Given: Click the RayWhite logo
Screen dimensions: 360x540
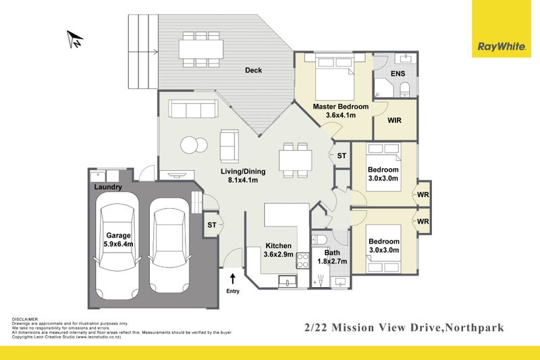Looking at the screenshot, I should pyautogui.click(x=501, y=46).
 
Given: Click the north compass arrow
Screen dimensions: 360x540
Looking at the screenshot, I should pyautogui.click(x=76, y=39).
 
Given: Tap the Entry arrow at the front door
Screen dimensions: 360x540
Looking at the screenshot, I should pyautogui.click(x=234, y=277).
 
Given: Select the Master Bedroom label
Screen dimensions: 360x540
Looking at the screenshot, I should pyautogui.click(x=340, y=107).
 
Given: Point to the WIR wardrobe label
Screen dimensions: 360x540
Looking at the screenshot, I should pyautogui.click(x=396, y=121).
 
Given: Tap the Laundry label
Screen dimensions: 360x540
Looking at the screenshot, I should pyautogui.click(x=108, y=187).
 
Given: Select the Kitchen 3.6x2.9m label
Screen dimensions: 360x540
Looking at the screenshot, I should pyautogui.click(x=278, y=250).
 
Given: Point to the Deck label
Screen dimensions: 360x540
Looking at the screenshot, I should pyautogui.click(x=253, y=70).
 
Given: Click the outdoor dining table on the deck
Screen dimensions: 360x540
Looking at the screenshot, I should pyautogui.click(x=200, y=48).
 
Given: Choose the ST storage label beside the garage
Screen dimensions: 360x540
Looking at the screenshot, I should pyautogui.click(x=211, y=225).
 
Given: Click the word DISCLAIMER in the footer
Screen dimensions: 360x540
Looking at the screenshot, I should pyautogui.click(x=25, y=319).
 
